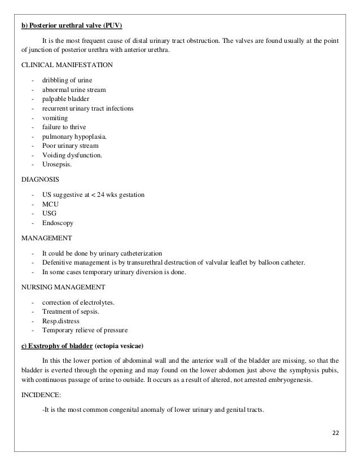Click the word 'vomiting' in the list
(x=55, y=118)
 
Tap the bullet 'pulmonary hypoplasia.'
(x=74, y=137)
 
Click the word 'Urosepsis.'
(x=58, y=165)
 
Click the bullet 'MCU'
(x=50, y=204)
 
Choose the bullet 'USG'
(x=50, y=213)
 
